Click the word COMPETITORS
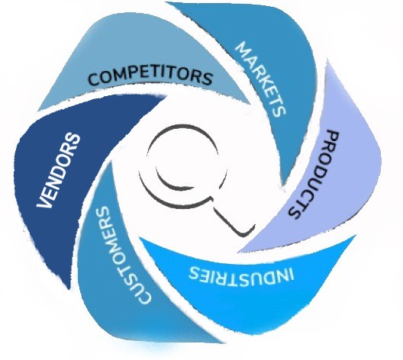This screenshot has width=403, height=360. coord(150,76)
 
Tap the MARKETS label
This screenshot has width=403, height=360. coord(260,79)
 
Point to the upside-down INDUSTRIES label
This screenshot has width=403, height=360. coord(242,275)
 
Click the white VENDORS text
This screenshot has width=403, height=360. coord(58,170)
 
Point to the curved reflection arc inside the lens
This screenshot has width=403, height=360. coord(172,182)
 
